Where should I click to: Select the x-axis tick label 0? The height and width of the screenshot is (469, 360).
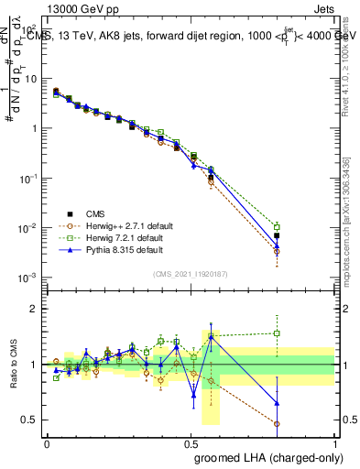tap(48, 442)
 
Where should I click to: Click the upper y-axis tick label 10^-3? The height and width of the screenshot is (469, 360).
tap(27, 277)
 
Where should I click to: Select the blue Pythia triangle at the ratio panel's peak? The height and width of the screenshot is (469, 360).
tap(211, 336)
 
